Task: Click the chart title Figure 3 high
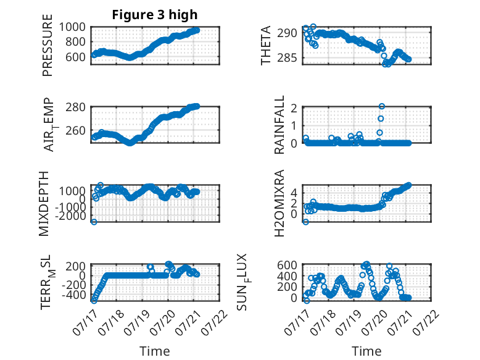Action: click(x=155, y=15)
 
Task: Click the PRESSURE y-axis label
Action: click(x=48, y=45)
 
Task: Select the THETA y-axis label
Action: click(x=266, y=45)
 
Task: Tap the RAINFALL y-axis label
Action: click(x=279, y=125)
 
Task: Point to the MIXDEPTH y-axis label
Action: click(x=44, y=204)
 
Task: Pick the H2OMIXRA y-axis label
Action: click(x=279, y=203)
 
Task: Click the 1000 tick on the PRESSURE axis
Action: click(x=72, y=27)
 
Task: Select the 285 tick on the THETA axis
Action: click(x=287, y=57)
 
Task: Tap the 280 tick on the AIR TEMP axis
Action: click(x=76, y=107)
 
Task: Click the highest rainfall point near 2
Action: click(x=381, y=106)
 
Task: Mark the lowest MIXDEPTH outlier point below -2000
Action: click(x=94, y=222)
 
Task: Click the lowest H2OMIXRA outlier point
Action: click(x=305, y=222)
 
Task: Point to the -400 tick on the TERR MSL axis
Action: click(x=74, y=295)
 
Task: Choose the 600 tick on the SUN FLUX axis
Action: click(x=287, y=265)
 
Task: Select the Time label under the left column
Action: click(x=155, y=351)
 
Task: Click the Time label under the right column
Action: click(x=366, y=351)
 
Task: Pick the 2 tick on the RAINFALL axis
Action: click(x=294, y=108)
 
